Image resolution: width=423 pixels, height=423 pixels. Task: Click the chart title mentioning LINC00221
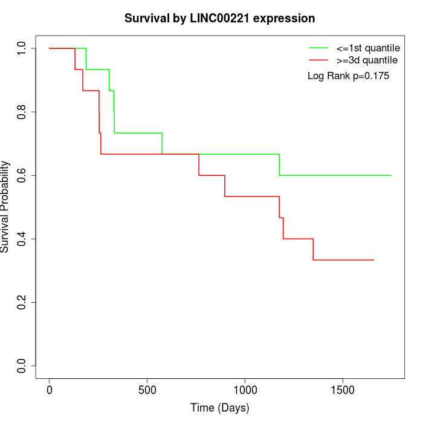click(219, 19)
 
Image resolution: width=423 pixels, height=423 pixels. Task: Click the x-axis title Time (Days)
click(219, 408)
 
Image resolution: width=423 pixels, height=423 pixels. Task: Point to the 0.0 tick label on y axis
click(22, 366)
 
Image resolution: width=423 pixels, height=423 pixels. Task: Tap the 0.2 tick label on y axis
click(22, 302)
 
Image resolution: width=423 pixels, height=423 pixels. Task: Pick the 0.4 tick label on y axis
click(22, 239)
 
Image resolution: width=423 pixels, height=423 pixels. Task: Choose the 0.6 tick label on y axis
click(22, 175)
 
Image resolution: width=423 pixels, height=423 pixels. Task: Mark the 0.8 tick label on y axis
click(22, 112)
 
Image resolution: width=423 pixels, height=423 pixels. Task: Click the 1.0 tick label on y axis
click(22, 48)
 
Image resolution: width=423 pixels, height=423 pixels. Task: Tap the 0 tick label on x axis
click(50, 389)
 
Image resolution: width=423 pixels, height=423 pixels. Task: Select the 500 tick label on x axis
click(147, 389)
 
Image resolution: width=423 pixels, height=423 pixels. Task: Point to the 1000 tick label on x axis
click(245, 389)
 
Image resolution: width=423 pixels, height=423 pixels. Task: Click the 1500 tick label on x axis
click(343, 389)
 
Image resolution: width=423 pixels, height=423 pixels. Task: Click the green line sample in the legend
click(318, 48)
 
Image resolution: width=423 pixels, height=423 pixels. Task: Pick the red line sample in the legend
click(318, 60)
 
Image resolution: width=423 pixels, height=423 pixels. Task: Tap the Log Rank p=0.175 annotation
click(348, 76)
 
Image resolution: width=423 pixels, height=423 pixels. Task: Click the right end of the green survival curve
click(391, 175)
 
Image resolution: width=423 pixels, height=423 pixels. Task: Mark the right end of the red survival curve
click(374, 260)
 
